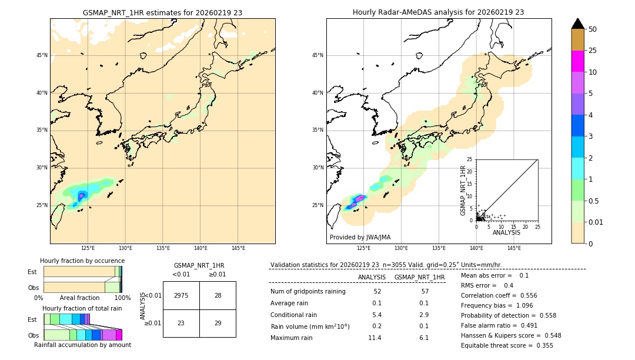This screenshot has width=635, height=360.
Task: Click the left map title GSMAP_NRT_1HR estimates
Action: [x=162, y=12]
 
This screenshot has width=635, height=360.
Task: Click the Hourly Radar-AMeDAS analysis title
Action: [x=438, y=12]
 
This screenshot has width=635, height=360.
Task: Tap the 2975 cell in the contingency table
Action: [x=181, y=295]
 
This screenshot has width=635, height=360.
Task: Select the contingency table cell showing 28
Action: [x=218, y=295]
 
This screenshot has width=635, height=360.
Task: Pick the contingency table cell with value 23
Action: [x=181, y=323]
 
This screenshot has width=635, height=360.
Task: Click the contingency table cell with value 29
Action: [x=218, y=323]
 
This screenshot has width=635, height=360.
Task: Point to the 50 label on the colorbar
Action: [x=593, y=29]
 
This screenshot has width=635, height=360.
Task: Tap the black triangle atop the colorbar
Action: [x=577, y=24]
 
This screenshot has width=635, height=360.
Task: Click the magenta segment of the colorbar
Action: [x=577, y=61]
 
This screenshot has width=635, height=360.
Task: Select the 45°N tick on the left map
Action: [x=42, y=55]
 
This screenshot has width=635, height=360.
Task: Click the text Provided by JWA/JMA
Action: [x=360, y=237]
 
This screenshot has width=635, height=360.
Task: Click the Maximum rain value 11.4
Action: [x=375, y=338]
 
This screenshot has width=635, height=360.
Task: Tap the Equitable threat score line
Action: [x=507, y=345]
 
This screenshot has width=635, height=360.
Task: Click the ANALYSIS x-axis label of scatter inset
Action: [x=506, y=232]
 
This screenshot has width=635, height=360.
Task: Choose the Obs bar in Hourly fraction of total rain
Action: [x=82, y=335]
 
